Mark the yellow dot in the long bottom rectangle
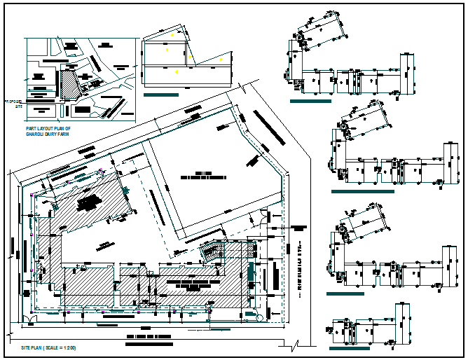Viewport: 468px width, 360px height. pos(177,72)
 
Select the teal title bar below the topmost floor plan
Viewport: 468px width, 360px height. pos(310,102)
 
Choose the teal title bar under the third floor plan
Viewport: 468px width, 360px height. pos(345,293)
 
